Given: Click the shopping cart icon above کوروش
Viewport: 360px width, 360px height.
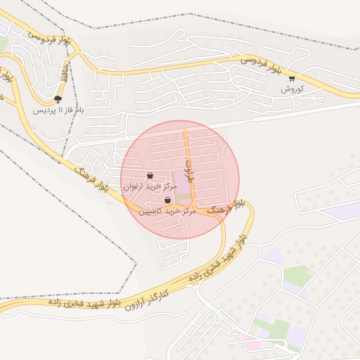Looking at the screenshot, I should click(292, 79).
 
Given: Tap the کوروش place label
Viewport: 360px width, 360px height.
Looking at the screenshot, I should click(292, 89).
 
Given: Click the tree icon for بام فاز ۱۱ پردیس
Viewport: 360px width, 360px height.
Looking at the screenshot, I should click(58, 99).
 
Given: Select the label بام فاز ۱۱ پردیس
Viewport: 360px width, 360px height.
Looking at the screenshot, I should click(60, 110).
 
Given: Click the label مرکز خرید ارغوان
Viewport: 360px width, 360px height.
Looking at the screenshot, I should click(148, 187).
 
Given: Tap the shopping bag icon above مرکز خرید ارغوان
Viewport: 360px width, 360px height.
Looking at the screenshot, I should click(150, 175).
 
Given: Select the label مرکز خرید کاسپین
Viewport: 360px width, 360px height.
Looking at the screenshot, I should click(166, 210).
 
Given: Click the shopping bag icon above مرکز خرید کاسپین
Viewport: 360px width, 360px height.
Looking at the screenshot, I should click(167, 200).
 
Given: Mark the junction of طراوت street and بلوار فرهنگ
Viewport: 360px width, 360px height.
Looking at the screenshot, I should click(194, 209).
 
